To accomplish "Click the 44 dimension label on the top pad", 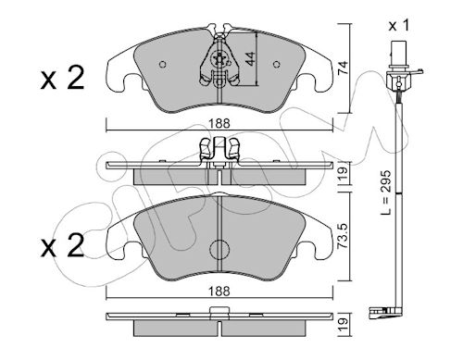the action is pos(251,58).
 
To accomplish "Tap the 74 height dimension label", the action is pos(343,68).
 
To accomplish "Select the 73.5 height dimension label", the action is pos(344,236).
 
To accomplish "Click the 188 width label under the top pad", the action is pos(219,124).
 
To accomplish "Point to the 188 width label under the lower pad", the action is pos(219,291).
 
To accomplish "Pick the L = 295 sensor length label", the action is pos(385,192).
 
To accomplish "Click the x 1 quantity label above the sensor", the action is pos(399,25).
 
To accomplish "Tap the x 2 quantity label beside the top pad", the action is pos(62,79).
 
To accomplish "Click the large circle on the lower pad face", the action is pos(219,249).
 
